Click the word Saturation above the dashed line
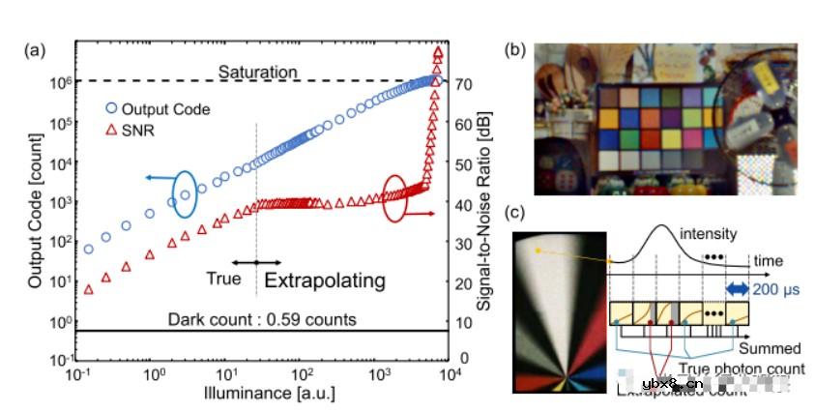[257, 73]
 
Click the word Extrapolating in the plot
[325, 281]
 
